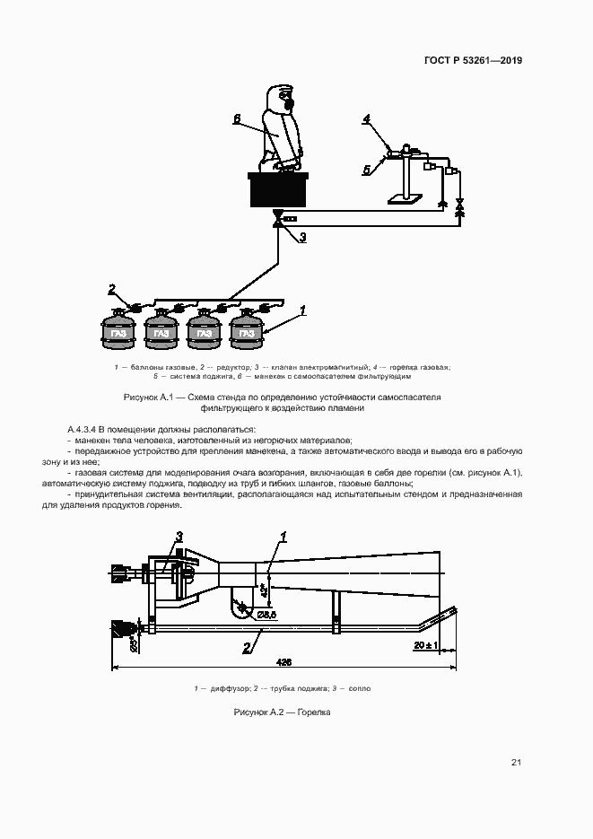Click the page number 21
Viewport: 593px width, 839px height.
click(516, 763)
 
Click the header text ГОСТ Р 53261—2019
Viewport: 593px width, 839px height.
click(473, 61)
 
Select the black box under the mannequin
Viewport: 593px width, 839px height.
click(278, 191)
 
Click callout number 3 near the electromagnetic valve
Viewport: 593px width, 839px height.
click(302, 237)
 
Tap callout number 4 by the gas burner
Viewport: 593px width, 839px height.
click(366, 118)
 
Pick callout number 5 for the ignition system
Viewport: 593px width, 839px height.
click(366, 168)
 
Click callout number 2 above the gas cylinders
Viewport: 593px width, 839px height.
click(112, 288)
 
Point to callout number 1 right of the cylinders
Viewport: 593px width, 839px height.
click(303, 310)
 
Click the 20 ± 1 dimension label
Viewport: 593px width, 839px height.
click(425, 645)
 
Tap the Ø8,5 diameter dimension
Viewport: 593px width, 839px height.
click(266, 615)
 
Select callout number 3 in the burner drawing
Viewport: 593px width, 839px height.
click(179, 536)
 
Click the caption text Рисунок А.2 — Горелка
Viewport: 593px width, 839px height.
click(283, 712)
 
